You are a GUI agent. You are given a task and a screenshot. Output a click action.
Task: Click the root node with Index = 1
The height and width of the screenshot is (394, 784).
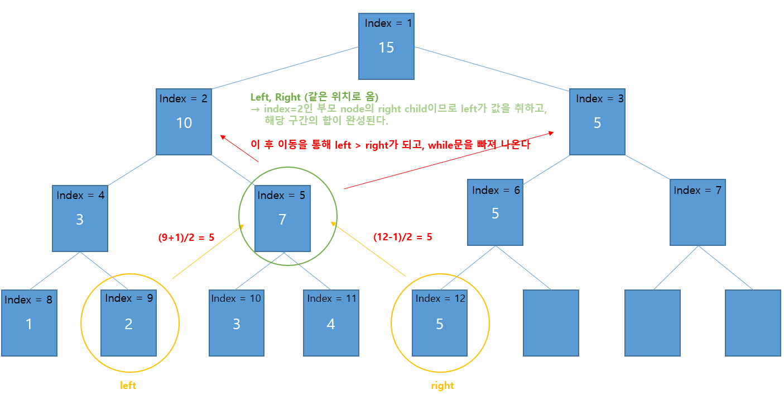click(386, 46)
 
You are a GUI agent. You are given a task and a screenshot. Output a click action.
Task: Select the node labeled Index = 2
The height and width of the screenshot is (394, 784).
click(184, 121)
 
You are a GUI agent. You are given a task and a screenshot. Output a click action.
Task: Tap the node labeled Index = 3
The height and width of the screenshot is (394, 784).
click(597, 121)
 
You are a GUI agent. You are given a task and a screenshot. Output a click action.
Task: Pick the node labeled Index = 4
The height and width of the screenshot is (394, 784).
click(80, 218)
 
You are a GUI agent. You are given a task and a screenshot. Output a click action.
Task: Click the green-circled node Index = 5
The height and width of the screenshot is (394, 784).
click(282, 219)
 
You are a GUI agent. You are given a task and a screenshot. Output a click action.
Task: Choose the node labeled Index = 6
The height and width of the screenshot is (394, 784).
click(495, 213)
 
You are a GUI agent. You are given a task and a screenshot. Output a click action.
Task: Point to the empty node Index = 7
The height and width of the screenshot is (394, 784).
click(698, 213)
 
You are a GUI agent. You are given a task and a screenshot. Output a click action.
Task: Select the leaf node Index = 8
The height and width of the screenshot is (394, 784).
click(29, 322)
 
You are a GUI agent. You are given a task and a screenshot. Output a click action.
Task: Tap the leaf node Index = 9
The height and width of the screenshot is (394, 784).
click(128, 322)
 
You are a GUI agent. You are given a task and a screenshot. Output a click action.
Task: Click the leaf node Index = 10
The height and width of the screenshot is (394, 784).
click(236, 322)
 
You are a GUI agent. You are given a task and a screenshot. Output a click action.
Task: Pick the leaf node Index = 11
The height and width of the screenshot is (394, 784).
click(331, 322)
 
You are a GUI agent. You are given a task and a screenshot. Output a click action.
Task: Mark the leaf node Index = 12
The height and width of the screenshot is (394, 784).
click(440, 322)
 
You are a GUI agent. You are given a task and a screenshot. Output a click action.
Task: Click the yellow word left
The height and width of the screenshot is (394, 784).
click(128, 386)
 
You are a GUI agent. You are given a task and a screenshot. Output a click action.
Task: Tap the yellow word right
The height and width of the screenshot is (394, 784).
click(442, 386)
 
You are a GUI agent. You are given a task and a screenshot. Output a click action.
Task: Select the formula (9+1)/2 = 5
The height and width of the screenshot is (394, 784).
click(186, 237)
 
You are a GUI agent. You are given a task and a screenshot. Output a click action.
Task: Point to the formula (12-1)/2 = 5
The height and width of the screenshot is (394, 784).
click(402, 237)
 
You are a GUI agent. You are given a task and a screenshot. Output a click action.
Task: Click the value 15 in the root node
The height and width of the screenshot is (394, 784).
click(386, 48)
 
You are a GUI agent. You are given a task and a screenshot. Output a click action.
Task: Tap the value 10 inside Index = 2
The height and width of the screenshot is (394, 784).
click(184, 123)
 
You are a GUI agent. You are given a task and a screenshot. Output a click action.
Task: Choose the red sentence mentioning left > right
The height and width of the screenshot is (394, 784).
click(390, 145)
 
